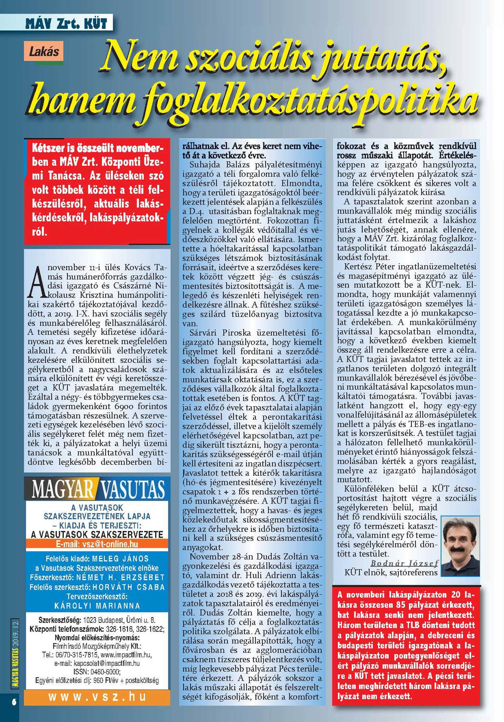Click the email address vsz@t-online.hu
pos(107,544)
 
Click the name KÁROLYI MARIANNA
pos(97,606)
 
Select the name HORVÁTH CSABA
pos(128,587)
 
